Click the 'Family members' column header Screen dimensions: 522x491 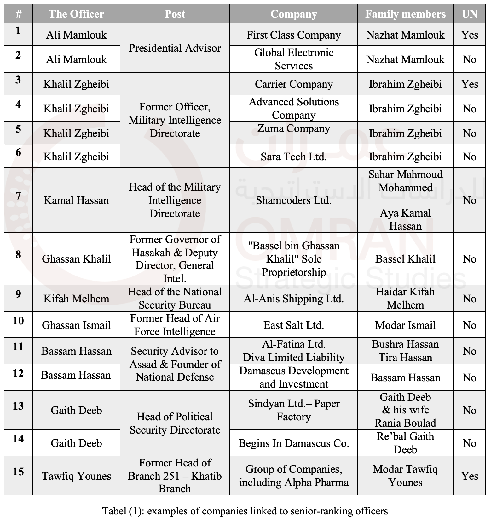coord(405,14)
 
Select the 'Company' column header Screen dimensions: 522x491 coord(293,14)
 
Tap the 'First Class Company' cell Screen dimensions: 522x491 coord(293,35)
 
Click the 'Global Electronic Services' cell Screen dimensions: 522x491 coord(293,59)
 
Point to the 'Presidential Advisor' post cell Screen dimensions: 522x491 coord(175,48)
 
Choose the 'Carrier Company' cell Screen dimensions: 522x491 coord(293,84)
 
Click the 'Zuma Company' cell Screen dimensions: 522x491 coord(293,128)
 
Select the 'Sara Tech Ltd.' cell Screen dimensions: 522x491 coord(293,157)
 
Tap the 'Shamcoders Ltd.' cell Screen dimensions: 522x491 coord(293,200)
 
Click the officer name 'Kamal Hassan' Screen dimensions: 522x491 coord(76,200)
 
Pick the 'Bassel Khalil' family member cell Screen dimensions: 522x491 coord(405,259)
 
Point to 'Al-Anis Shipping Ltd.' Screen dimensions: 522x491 coord(293,299)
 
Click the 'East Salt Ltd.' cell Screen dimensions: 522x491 coord(293,325)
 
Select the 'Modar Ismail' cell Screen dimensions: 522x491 coord(405,325)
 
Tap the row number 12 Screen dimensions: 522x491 coord(18,373)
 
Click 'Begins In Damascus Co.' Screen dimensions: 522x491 coord(293,443)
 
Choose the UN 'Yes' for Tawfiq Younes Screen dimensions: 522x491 coord(469,476)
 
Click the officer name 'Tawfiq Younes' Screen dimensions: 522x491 coord(76,476)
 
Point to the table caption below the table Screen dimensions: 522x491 coord(245,511)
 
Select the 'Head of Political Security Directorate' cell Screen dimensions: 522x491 coord(175,423)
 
